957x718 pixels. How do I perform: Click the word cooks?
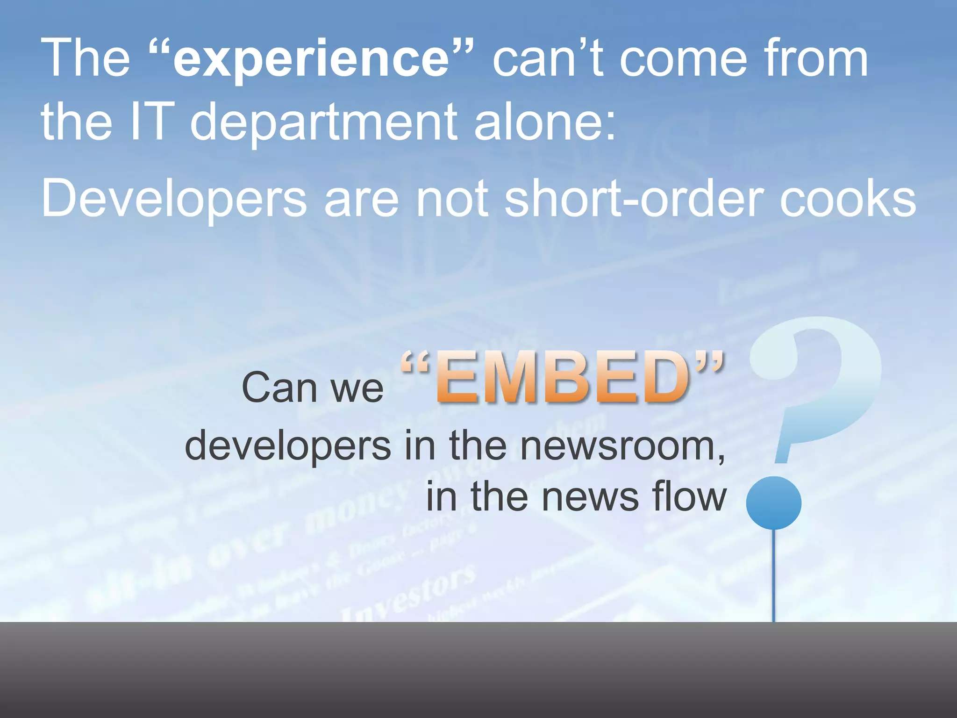click(848, 199)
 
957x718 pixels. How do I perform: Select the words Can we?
click(312, 388)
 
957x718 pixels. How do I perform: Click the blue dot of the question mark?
click(774, 503)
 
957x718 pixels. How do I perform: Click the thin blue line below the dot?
click(774, 575)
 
